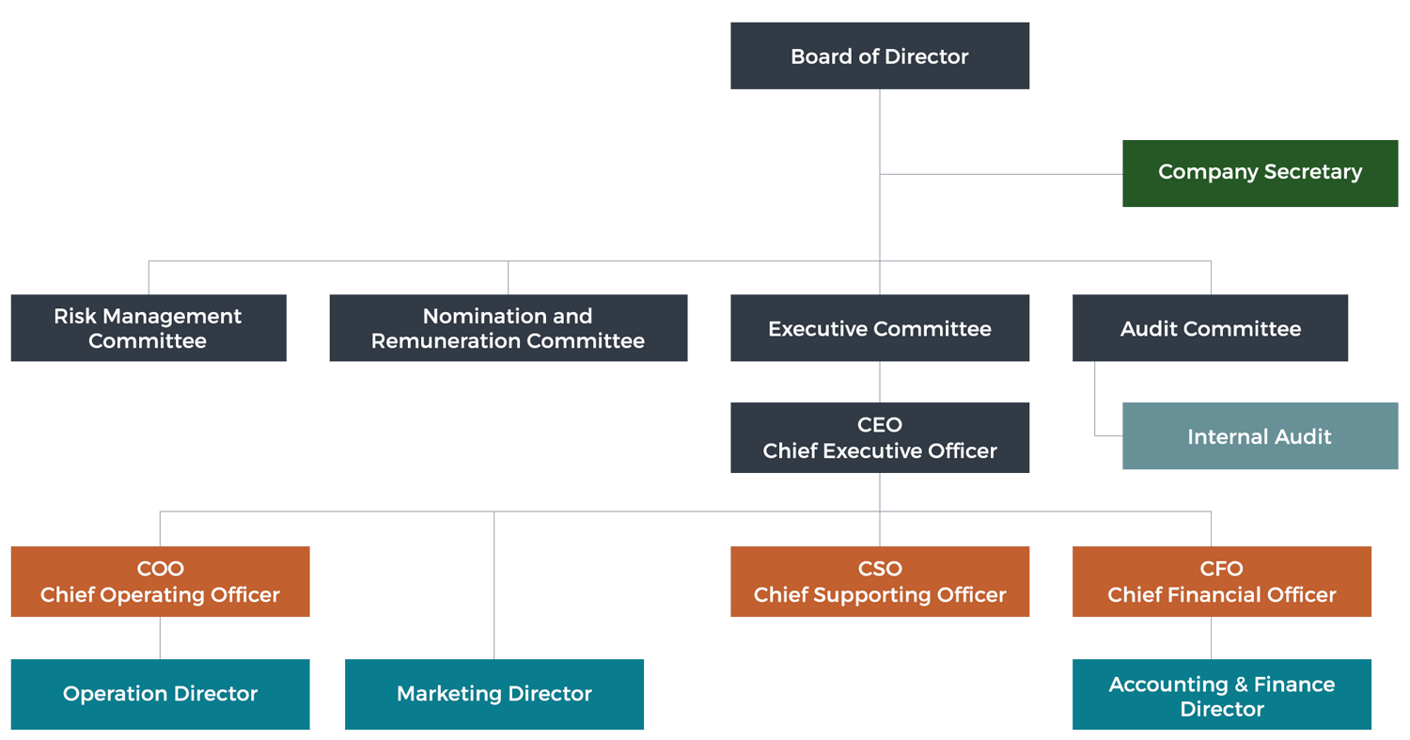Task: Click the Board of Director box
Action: pyautogui.click(x=880, y=56)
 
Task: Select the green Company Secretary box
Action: pyautogui.click(x=1260, y=173)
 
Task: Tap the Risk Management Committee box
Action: pyautogui.click(x=149, y=328)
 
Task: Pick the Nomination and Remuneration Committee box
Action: pyautogui.click(x=508, y=328)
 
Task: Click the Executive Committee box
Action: pyautogui.click(x=880, y=328)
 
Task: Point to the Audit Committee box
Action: pyautogui.click(x=1210, y=328)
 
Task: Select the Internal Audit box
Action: pyautogui.click(x=1260, y=436)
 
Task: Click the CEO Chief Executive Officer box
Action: pyautogui.click(x=880, y=438)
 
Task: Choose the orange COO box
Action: pyautogui.click(x=160, y=582)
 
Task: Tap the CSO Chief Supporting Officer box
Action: pyautogui.click(x=880, y=582)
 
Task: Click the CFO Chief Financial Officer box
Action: pyautogui.click(x=1221, y=582)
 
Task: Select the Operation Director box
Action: pyautogui.click(x=160, y=693)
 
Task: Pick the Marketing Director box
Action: pyautogui.click(x=494, y=693)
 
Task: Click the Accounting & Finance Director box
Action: pyautogui.click(x=1221, y=696)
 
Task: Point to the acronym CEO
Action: pyautogui.click(x=880, y=426)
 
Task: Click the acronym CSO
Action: pyautogui.click(x=880, y=569)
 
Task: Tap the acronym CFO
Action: pyautogui.click(x=1221, y=569)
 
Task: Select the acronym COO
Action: pyautogui.click(x=160, y=569)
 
